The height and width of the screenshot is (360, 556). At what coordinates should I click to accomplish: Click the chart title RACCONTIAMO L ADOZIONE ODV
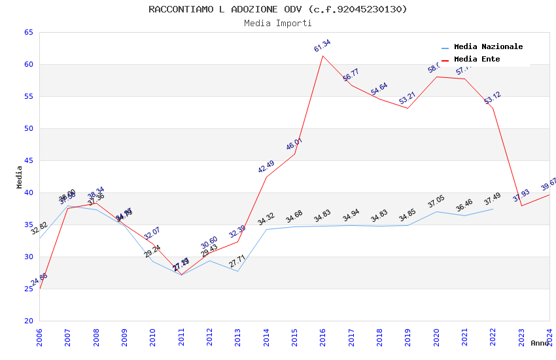pyautogui.click(x=277, y=9)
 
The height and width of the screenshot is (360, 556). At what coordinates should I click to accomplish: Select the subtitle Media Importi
pyautogui.click(x=277, y=23)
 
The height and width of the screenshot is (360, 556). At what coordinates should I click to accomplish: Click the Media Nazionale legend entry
pyautogui.click(x=488, y=47)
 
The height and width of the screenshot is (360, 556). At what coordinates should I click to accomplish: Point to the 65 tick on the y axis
pyautogui.click(x=28, y=32)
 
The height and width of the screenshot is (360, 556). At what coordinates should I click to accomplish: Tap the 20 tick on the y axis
pyautogui.click(x=28, y=321)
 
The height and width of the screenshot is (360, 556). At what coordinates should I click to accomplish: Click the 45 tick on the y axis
pyautogui.click(x=28, y=160)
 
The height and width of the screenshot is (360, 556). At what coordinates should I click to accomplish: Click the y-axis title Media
pyautogui.click(x=19, y=177)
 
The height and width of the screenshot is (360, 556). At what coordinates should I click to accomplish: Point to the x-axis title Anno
pyautogui.click(x=540, y=343)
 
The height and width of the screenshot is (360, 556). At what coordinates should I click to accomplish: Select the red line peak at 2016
pyautogui.click(x=323, y=56)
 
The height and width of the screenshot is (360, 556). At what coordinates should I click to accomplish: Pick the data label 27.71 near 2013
pyautogui.click(x=237, y=262)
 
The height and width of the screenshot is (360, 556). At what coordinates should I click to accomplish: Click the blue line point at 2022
pyautogui.click(x=493, y=209)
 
